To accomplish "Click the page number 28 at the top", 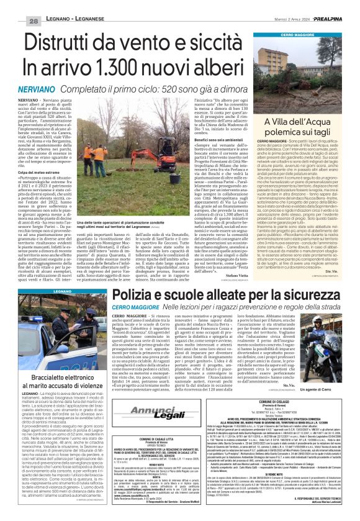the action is click(x=17, y=5).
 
